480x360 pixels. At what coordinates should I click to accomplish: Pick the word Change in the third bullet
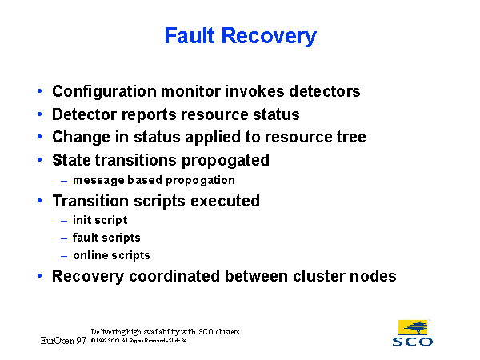pyautogui.click(x=78, y=137)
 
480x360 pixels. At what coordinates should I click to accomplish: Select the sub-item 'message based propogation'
pyautogui.click(x=153, y=180)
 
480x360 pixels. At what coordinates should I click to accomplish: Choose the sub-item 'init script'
pyautogui.click(x=99, y=220)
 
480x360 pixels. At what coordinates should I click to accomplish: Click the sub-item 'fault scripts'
pyautogui.click(x=106, y=238)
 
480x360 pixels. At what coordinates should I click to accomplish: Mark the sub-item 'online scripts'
pyautogui.click(x=110, y=255)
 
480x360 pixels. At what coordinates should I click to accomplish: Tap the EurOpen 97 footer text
pyautogui.click(x=63, y=341)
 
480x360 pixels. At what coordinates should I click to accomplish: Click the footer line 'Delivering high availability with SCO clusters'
pyautogui.click(x=165, y=331)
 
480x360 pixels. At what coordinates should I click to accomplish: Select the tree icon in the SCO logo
pyautogui.click(x=413, y=326)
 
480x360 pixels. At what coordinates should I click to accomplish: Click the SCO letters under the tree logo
pyautogui.click(x=413, y=342)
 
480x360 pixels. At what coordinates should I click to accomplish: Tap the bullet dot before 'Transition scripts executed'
pyautogui.click(x=41, y=201)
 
